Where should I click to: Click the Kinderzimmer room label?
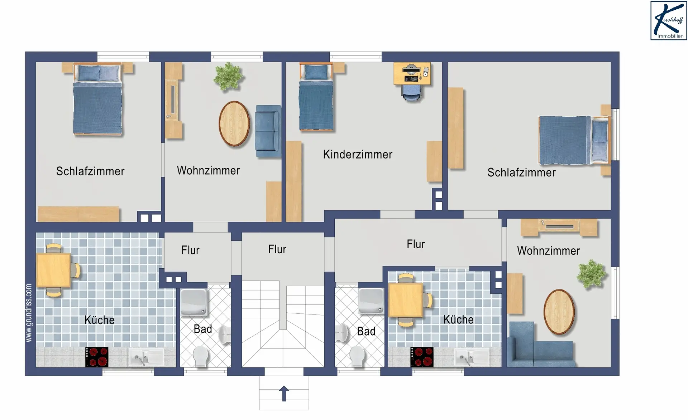click(x=358, y=155)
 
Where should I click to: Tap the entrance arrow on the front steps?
click(x=284, y=394)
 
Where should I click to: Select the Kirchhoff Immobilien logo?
click(x=669, y=20)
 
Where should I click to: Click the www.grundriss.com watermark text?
click(x=29, y=313)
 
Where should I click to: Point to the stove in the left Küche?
click(x=97, y=357)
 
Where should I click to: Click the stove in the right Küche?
click(x=422, y=357)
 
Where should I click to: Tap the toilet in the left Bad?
click(x=201, y=356)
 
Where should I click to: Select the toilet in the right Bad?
click(x=357, y=356)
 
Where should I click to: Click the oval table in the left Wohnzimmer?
click(x=234, y=124)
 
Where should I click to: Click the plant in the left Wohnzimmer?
click(x=228, y=76)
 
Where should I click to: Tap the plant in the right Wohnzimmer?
click(x=591, y=274)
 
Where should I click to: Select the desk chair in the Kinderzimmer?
click(x=412, y=92)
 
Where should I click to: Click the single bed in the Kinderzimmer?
click(x=316, y=97)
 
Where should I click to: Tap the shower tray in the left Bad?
click(x=194, y=302)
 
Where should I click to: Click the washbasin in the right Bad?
click(x=342, y=334)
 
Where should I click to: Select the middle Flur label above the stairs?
click(x=277, y=249)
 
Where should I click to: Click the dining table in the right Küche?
click(x=406, y=300)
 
